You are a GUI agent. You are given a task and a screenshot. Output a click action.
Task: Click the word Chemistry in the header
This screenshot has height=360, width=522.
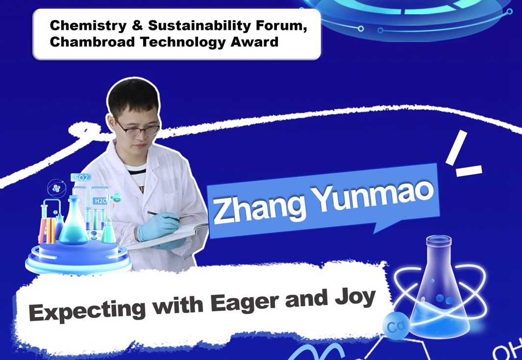coord(88,25)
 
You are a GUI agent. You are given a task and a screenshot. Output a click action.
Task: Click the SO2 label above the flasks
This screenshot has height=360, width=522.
coord(81,178)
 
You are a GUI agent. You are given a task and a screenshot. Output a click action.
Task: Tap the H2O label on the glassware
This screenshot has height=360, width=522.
coord(100,201)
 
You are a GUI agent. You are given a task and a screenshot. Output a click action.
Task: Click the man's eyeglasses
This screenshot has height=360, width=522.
coord(138,130)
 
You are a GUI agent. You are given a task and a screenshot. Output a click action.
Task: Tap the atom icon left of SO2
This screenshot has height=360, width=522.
coord(56,188)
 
